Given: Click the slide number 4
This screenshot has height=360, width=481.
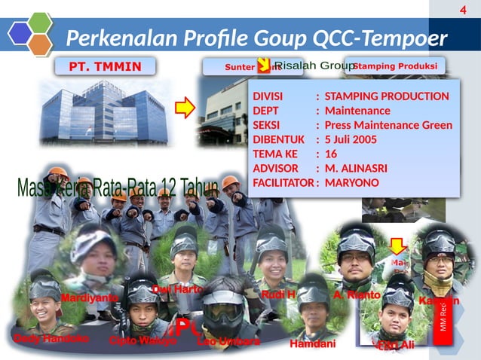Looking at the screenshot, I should point(463,9).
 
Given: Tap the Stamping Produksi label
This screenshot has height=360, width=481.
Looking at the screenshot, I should point(394,66).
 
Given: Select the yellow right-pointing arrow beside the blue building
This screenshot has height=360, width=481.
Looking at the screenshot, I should point(185,109).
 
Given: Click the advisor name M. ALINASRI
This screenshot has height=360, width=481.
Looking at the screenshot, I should point(359,168).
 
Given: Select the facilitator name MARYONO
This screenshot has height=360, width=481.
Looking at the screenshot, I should point(352,182).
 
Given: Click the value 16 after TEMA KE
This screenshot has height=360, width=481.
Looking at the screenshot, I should point(330,154).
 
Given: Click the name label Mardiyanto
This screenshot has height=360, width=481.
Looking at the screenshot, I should point(90,298).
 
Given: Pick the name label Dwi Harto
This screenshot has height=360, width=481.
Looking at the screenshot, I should point(178,288).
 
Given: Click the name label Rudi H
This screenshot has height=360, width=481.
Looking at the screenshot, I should point(277,294).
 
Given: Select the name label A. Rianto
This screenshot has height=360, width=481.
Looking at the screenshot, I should point(356,294).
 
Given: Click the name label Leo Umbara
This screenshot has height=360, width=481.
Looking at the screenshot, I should point(228,341).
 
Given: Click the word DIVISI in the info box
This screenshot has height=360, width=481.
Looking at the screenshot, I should point(270,96).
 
